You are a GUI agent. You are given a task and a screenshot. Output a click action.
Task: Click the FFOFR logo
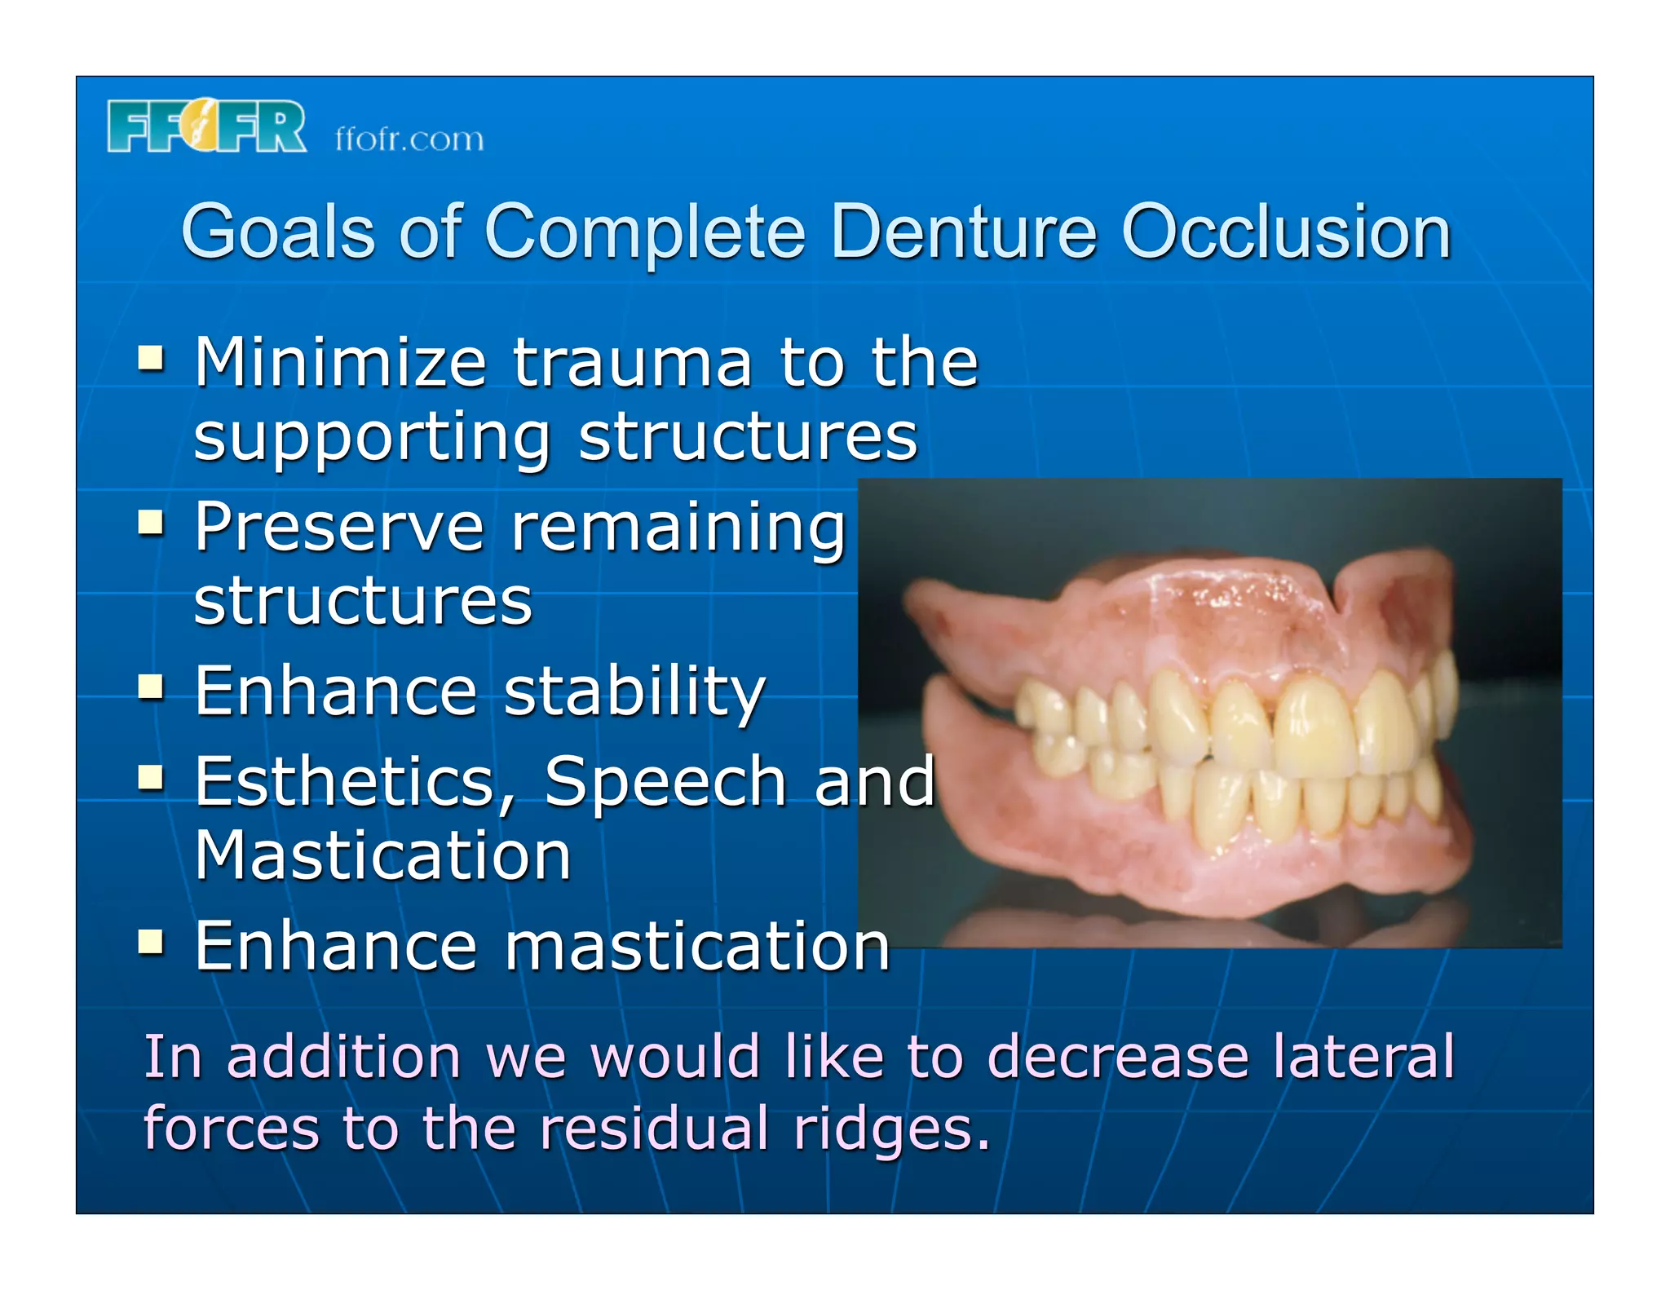point(206,126)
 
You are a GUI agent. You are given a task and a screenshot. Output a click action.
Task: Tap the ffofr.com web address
point(409,139)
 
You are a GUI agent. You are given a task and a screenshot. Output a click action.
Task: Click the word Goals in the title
point(277,232)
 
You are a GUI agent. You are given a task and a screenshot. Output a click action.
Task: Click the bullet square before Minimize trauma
point(151,358)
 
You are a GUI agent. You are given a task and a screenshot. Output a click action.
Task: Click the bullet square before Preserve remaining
point(151,522)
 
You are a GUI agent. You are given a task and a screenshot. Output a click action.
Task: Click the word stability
point(634,693)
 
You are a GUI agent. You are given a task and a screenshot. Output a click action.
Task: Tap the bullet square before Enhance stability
point(151,687)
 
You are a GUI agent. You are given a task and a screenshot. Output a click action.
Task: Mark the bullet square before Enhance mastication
point(151,942)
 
